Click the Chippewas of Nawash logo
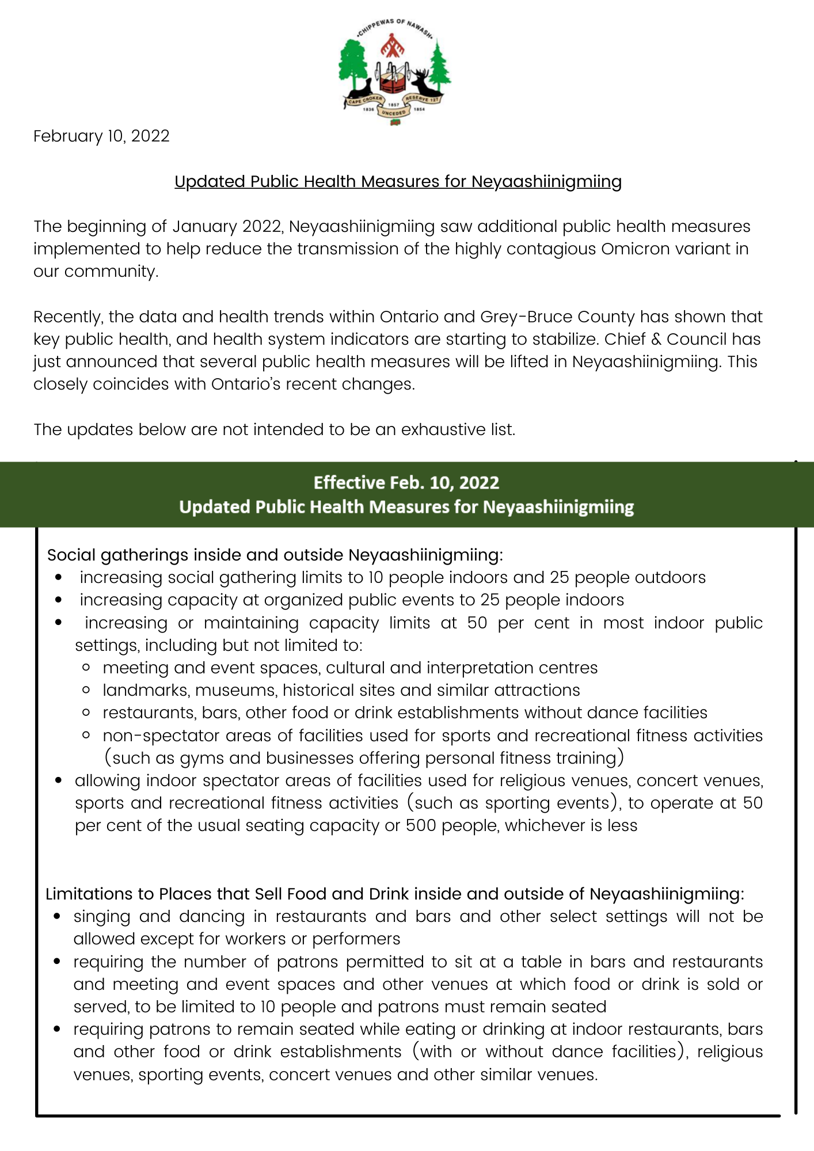point(395,71)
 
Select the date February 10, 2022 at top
point(101,136)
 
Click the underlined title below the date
point(398,182)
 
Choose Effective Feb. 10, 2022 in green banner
point(406,482)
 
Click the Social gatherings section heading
point(275,555)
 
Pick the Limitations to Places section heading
point(395,894)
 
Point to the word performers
point(356,939)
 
